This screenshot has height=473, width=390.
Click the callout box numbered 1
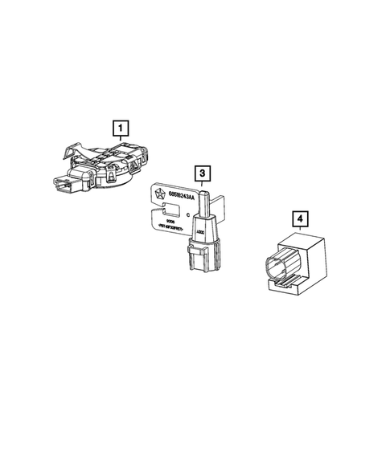click(120, 126)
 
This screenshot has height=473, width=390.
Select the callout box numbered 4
click(299, 218)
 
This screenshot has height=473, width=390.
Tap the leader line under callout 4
click(299, 228)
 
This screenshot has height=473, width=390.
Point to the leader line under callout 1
click(120, 137)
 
